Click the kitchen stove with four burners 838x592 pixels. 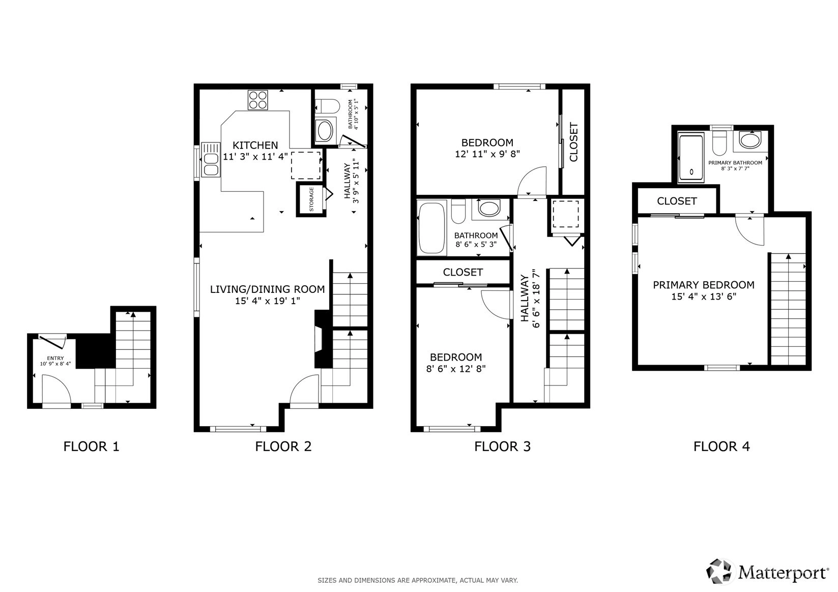coord(258,100)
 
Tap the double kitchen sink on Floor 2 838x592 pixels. coord(211,160)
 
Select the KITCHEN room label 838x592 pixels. coord(255,145)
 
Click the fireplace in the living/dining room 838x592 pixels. coord(323,339)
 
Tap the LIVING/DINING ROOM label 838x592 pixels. coord(267,289)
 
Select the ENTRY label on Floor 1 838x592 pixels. coord(55,358)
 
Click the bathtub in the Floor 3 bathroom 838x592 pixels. coord(431,228)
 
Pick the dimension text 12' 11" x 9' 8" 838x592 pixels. coord(487,154)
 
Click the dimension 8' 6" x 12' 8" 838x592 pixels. coord(456,369)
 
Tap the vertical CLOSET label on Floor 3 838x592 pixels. coord(574,142)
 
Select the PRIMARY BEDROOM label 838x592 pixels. coord(703,285)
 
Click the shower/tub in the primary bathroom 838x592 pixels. coord(691,158)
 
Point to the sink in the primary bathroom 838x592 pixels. coord(750,141)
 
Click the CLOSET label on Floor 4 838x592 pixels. coord(677,201)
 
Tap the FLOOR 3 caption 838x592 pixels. coord(502,447)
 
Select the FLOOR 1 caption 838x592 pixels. coord(91,447)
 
